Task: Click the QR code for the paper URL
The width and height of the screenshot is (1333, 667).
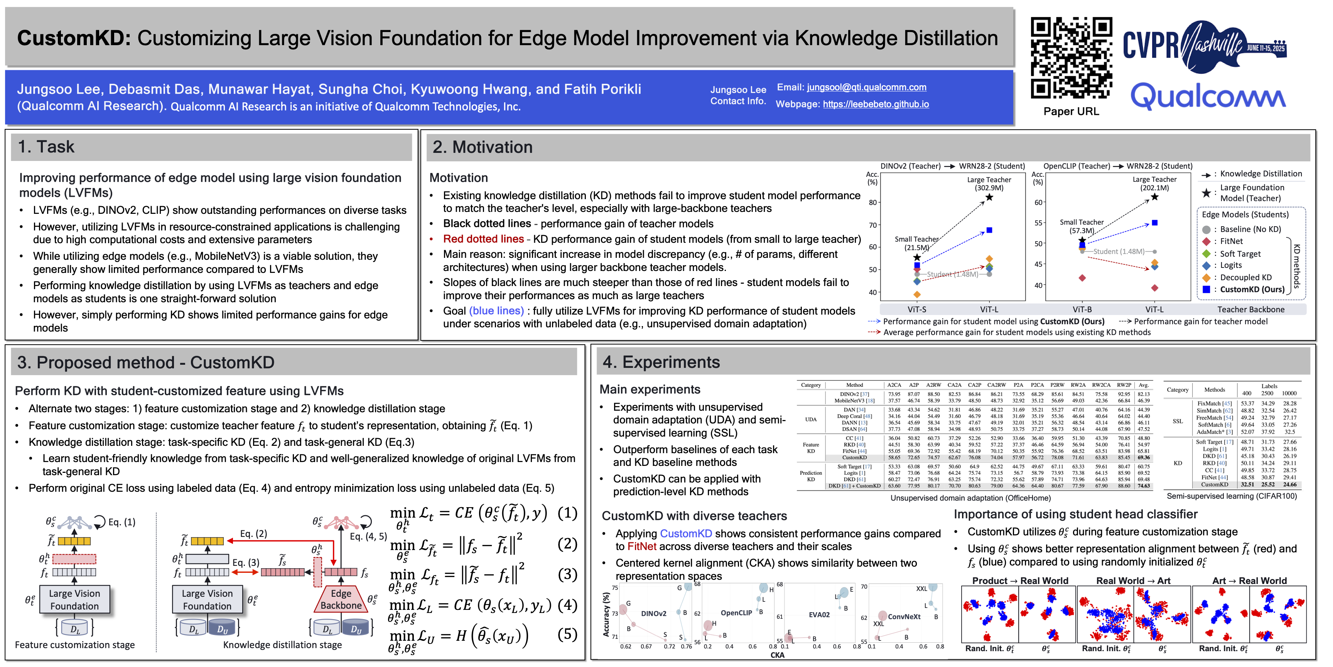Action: (x=1071, y=58)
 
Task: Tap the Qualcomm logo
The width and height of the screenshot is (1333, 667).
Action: (x=1208, y=96)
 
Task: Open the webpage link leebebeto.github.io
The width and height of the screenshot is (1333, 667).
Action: (x=876, y=104)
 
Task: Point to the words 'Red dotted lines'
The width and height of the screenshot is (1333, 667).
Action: (x=483, y=239)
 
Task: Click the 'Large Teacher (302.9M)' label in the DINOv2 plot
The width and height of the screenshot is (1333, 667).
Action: (x=989, y=183)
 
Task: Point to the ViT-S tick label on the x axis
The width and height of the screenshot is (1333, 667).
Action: (x=917, y=309)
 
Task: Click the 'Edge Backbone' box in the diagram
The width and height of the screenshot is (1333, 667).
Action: (x=341, y=599)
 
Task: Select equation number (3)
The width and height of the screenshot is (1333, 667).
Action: (x=567, y=574)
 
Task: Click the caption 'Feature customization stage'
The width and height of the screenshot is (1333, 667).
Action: (x=75, y=645)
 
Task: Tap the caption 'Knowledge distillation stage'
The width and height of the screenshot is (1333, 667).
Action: (x=283, y=645)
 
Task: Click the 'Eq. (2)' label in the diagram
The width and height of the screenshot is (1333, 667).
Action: (x=253, y=533)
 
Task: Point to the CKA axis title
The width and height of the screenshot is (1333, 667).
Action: (x=777, y=655)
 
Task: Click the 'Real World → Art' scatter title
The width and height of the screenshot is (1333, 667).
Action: (x=1133, y=581)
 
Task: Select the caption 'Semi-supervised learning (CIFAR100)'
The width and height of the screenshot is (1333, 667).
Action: (x=1232, y=496)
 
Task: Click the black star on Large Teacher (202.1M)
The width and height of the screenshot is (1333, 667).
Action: (x=1154, y=197)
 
